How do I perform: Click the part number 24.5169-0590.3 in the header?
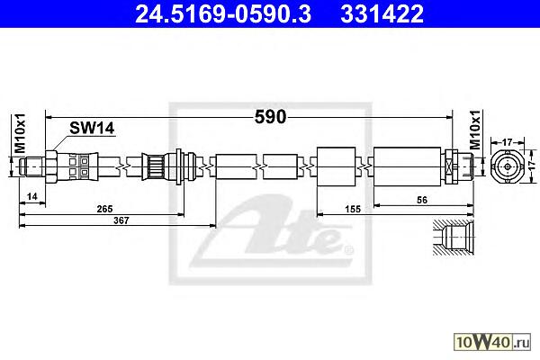tap(223, 13)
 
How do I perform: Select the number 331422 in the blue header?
tap(382, 13)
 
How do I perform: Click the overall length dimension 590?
tap(270, 117)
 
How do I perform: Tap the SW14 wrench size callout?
tap(92, 129)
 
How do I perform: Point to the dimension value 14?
tap(32, 196)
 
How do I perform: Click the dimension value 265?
tap(104, 209)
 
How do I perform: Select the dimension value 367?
tap(121, 220)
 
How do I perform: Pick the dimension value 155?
tap(353, 209)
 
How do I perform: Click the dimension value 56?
tap(422, 200)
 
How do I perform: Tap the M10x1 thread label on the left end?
tap(21, 133)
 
